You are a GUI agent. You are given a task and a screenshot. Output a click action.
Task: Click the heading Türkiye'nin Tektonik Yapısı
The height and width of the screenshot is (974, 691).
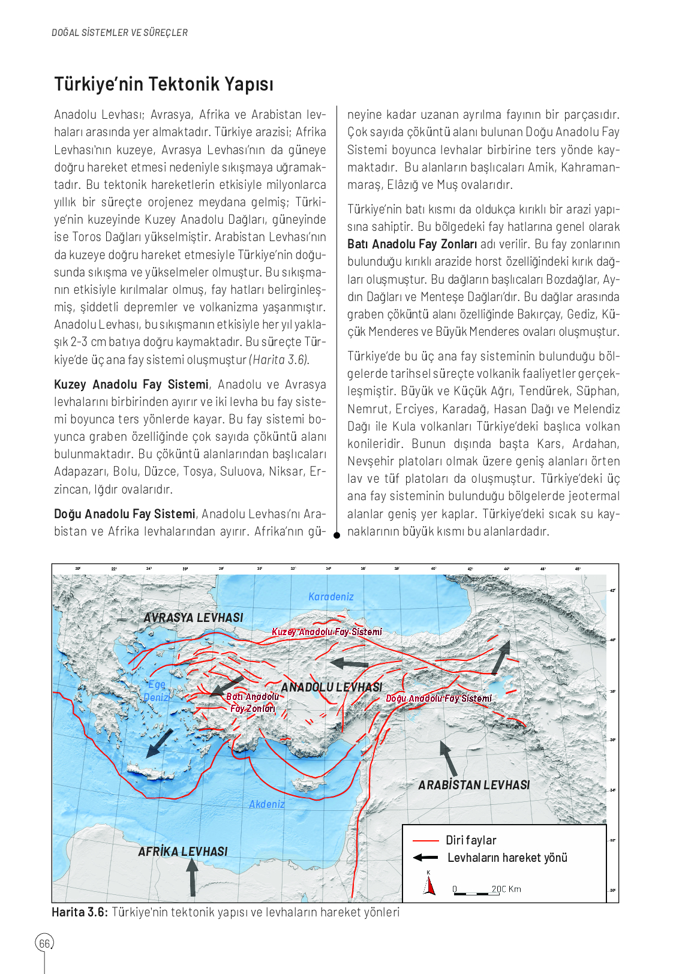coord(164,84)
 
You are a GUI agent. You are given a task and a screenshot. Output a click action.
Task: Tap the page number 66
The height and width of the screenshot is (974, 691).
coord(44,943)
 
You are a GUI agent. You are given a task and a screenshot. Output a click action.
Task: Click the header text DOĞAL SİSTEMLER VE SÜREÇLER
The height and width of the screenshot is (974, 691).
coord(119,33)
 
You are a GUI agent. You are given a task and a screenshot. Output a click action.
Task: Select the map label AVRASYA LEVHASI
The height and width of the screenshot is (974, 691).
coord(193,618)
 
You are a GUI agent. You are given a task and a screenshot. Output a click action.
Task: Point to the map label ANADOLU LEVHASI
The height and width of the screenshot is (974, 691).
coord(331,687)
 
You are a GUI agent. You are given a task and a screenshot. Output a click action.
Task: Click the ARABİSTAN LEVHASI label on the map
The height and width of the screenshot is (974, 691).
coord(474,785)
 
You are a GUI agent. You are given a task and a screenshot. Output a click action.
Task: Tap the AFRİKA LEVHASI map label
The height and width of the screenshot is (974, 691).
coord(183,852)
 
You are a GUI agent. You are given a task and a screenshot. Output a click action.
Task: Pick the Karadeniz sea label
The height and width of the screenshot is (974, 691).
coord(331,597)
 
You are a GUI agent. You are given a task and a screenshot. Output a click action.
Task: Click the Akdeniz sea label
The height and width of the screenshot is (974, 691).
coord(267,804)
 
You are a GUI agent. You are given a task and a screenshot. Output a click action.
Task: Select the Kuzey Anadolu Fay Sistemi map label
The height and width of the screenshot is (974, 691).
coord(327,632)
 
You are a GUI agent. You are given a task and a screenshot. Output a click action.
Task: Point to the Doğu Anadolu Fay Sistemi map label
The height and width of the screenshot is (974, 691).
coord(438,699)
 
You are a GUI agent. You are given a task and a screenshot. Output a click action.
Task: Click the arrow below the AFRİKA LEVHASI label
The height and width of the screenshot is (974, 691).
coord(192,877)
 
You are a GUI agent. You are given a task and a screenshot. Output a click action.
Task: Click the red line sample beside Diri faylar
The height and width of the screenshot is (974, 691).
coord(426,840)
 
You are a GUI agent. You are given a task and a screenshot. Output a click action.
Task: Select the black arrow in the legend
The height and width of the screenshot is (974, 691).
coord(426,858)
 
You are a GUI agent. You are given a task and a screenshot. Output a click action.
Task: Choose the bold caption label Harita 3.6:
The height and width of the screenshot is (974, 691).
coord(80,912)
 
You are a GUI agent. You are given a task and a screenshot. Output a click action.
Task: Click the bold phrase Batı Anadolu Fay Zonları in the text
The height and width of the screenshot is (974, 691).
coord(412,244)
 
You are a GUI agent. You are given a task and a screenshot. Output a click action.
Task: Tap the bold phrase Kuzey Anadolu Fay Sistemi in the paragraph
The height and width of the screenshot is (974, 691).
coord(131,384)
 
